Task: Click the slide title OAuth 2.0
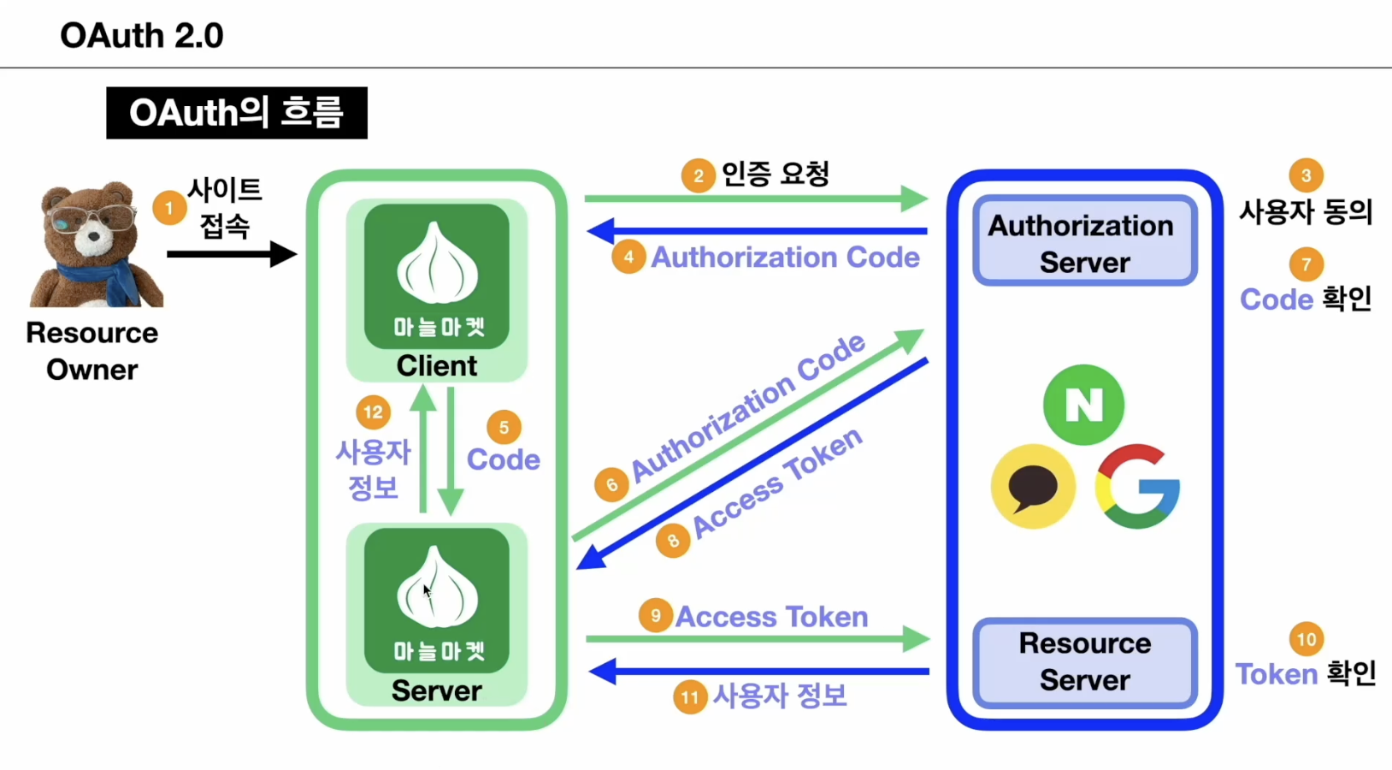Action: point(142,36)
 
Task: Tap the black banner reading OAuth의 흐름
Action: point(236,113)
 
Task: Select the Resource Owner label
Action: point(91,351)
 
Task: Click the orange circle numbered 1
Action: point(169,208)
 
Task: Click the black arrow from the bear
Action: point(231,254)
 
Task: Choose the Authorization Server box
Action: point(1084,242)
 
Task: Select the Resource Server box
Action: point(1084,661)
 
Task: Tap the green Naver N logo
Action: point(1083,405)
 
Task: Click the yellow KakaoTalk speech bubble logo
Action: point(1033,486)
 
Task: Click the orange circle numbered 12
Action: point(373,412)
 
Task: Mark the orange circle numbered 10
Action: point(1306,639)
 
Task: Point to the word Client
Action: point(436,365)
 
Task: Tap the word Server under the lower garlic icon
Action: point(436,690)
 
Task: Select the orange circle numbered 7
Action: point(1306,264)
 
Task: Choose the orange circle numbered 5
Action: point(504,428)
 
